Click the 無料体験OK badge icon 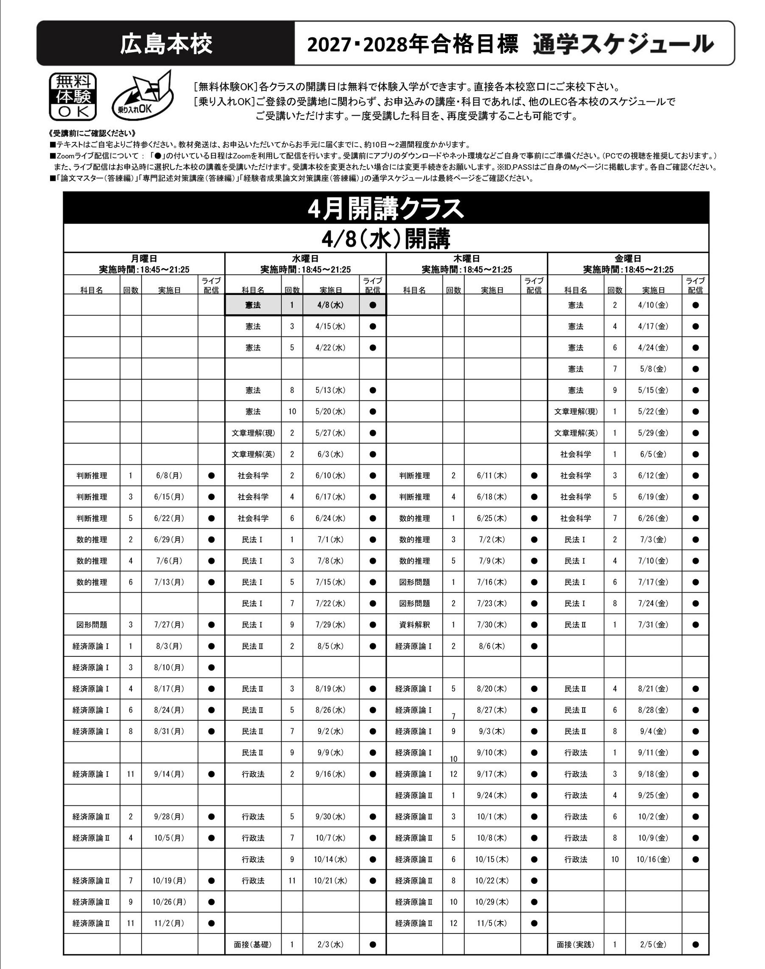coord(73,97)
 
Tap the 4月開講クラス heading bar coord(385,208)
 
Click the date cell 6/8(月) coord(169,476)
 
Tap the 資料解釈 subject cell coord(414,625)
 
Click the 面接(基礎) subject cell coord(253,945)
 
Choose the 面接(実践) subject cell coord(575,945)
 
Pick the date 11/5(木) coord(492,923)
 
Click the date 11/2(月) coord(169,923)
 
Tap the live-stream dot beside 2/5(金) coord(695,945)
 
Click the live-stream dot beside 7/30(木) coord(534,625)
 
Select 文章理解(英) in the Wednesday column coord(253,454)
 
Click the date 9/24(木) coord(492,795)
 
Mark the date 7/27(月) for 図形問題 coord(169,625)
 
